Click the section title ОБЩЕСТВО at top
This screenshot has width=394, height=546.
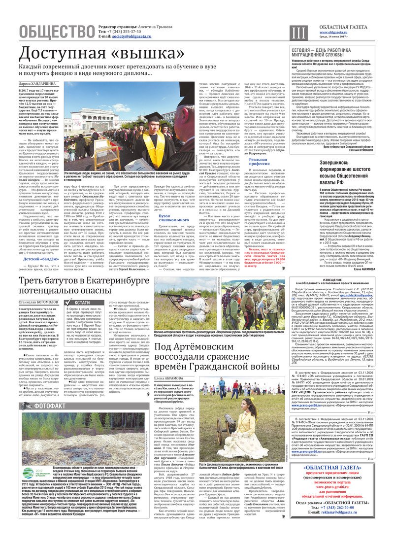coord(56,32)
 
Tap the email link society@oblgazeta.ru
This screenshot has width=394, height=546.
coord(131,37)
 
